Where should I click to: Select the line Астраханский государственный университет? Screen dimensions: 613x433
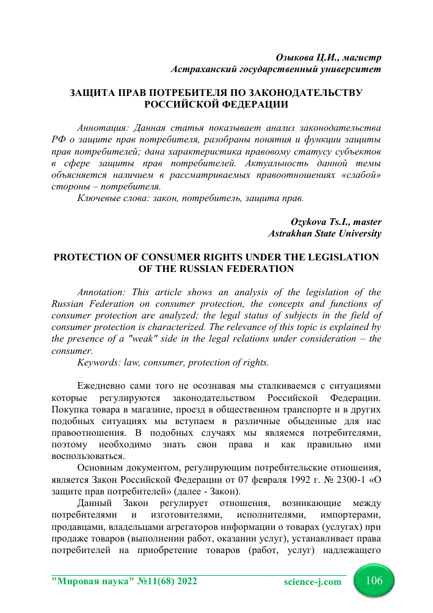277,69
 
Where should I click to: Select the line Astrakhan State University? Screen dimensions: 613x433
326,233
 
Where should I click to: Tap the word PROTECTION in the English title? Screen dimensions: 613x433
95,257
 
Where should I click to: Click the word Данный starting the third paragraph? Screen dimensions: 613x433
96,503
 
